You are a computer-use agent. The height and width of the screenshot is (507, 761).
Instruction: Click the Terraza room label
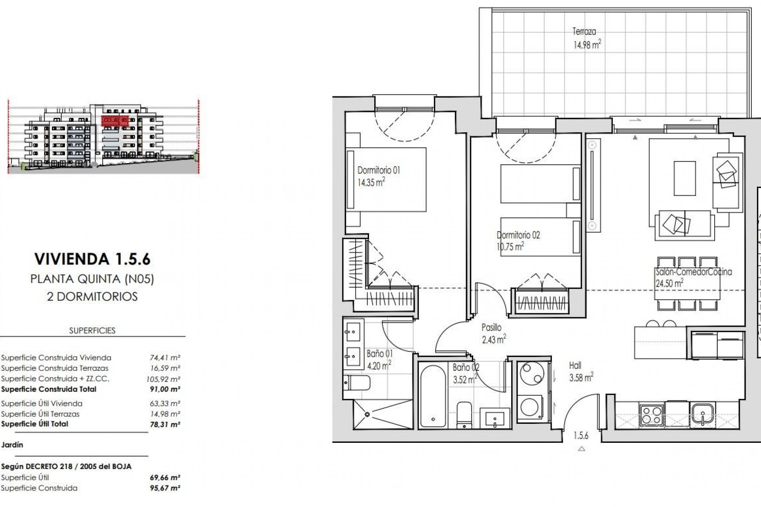pyautogui.click(x=584, y=31)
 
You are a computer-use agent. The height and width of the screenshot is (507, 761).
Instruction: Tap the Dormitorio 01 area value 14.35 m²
pyautogui.click(x=371, y=183)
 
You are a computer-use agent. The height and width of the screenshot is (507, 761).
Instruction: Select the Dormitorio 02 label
pyautogui.click(x=518, y=235)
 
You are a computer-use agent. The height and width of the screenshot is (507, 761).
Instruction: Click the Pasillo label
pyautogui.click(x=491, y=328)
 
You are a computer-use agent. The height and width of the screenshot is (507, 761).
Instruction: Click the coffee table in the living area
pyautogui.click(x=685, y=178)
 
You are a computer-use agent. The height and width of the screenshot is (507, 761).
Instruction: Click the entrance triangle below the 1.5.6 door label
pyautogui.click(x=581, y=449)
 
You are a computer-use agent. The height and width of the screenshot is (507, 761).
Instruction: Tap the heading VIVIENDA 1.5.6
pyautogui.click(x=92, y=259)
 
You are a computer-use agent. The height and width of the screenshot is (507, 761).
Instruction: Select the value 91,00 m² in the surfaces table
pyautogui.click(x=167, y=389)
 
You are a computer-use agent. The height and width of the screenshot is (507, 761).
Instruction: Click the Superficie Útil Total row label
pyautogui.click(x=34, y=424)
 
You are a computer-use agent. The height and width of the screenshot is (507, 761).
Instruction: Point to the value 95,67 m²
pyautogui.click(x=167, y=488)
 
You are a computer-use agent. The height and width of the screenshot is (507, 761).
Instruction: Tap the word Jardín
pyautogui.click(x=12, y=445)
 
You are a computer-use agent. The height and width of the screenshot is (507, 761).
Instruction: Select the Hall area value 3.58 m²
pyautogui.click(x=581, y=377)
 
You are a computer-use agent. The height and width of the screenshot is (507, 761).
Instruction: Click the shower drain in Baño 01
pyautogui.click(x=367, y=414)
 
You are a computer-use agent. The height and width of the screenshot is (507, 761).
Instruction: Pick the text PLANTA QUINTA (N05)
pyautogui.click(x=92, y=279)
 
